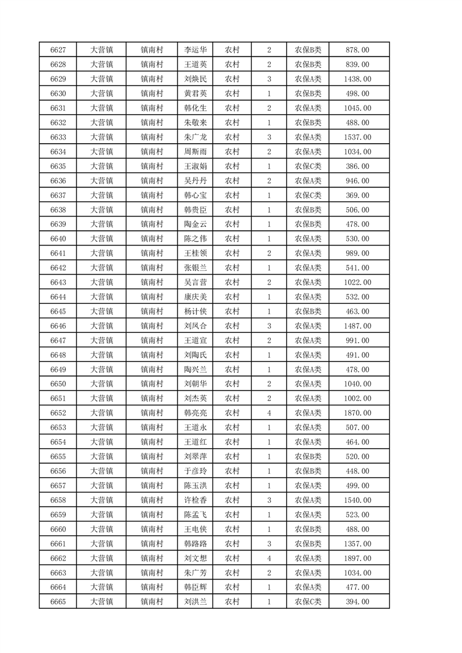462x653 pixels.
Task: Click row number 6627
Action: point(58,50)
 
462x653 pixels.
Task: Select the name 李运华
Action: point(195,50)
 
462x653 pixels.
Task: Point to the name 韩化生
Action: point(195,108)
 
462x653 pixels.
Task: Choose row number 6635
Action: point(58,166)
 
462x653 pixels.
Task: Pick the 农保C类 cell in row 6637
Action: point(308,196)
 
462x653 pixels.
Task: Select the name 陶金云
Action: point(195,224)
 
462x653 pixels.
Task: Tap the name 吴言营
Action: point(195,282)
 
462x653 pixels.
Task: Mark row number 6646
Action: point(58,326)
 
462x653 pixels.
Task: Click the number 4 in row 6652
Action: point(269,413)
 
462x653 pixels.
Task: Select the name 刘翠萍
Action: point(195,456)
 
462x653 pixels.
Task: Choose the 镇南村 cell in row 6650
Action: point(151,384)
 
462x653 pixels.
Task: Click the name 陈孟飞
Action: point(195,514)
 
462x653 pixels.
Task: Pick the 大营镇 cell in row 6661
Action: point(101,544)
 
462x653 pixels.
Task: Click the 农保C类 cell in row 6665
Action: point(308,602)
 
